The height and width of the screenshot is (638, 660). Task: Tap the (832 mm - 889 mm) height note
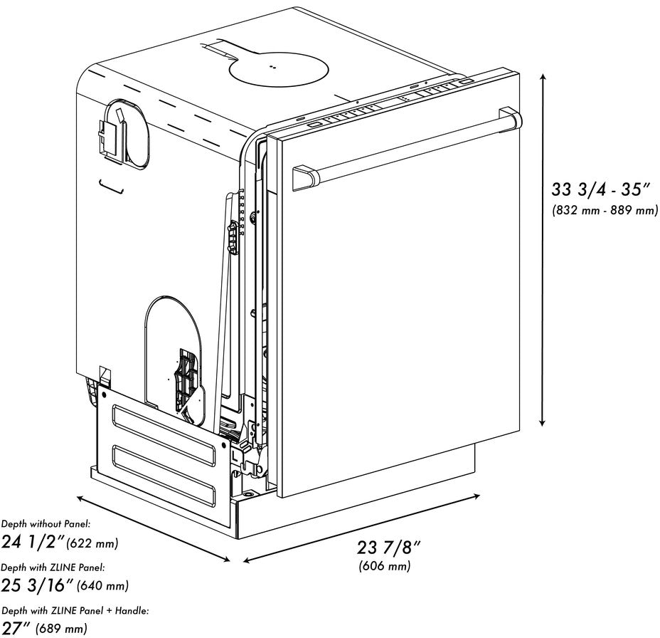coord(605,211)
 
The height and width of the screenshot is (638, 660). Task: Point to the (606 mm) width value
coord(384,566)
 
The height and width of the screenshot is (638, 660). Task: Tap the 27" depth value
coord(16,628)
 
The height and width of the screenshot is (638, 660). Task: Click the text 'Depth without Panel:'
coord(46,524)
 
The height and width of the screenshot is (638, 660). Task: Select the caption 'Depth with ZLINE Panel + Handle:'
coord(75,611)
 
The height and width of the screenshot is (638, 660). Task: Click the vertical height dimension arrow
coord(544,249)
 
